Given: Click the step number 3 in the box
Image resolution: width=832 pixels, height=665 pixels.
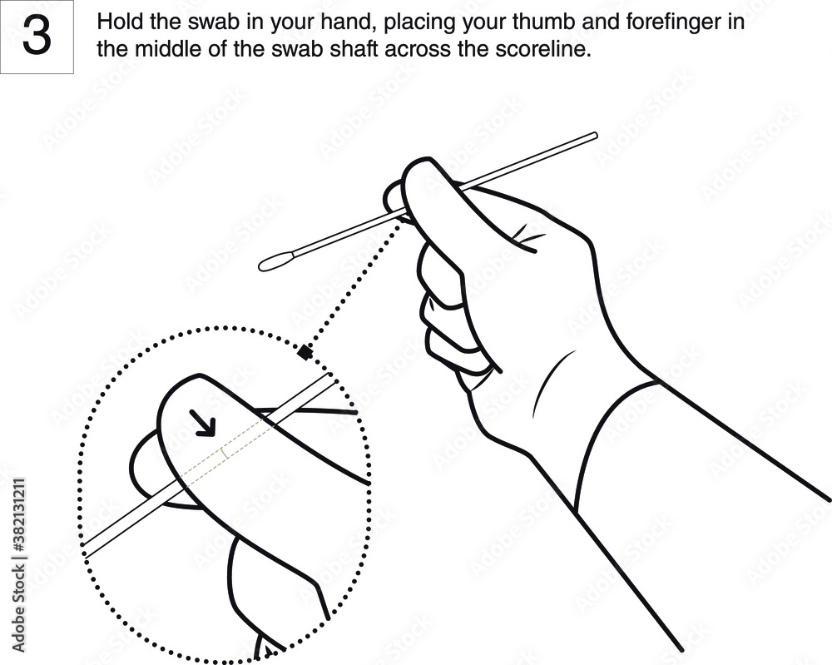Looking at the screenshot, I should pos(36,37).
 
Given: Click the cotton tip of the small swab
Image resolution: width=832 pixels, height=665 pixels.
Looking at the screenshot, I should pos(275,264).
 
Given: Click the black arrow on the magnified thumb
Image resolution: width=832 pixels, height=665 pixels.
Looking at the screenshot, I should pos(203,421).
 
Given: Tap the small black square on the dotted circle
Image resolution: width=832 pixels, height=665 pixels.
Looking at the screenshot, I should pos(305,353).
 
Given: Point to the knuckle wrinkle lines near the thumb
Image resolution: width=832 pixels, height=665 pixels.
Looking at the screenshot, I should pos(524,233).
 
